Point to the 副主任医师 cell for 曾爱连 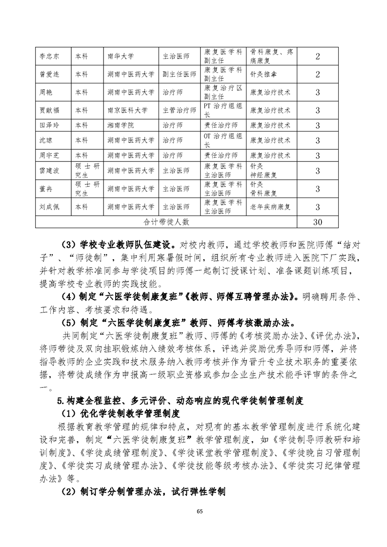(179, 75)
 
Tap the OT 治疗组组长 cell (223, 140)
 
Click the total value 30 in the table (317, 222)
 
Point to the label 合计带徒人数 (166, 222)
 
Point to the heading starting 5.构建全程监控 (180, 401)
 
